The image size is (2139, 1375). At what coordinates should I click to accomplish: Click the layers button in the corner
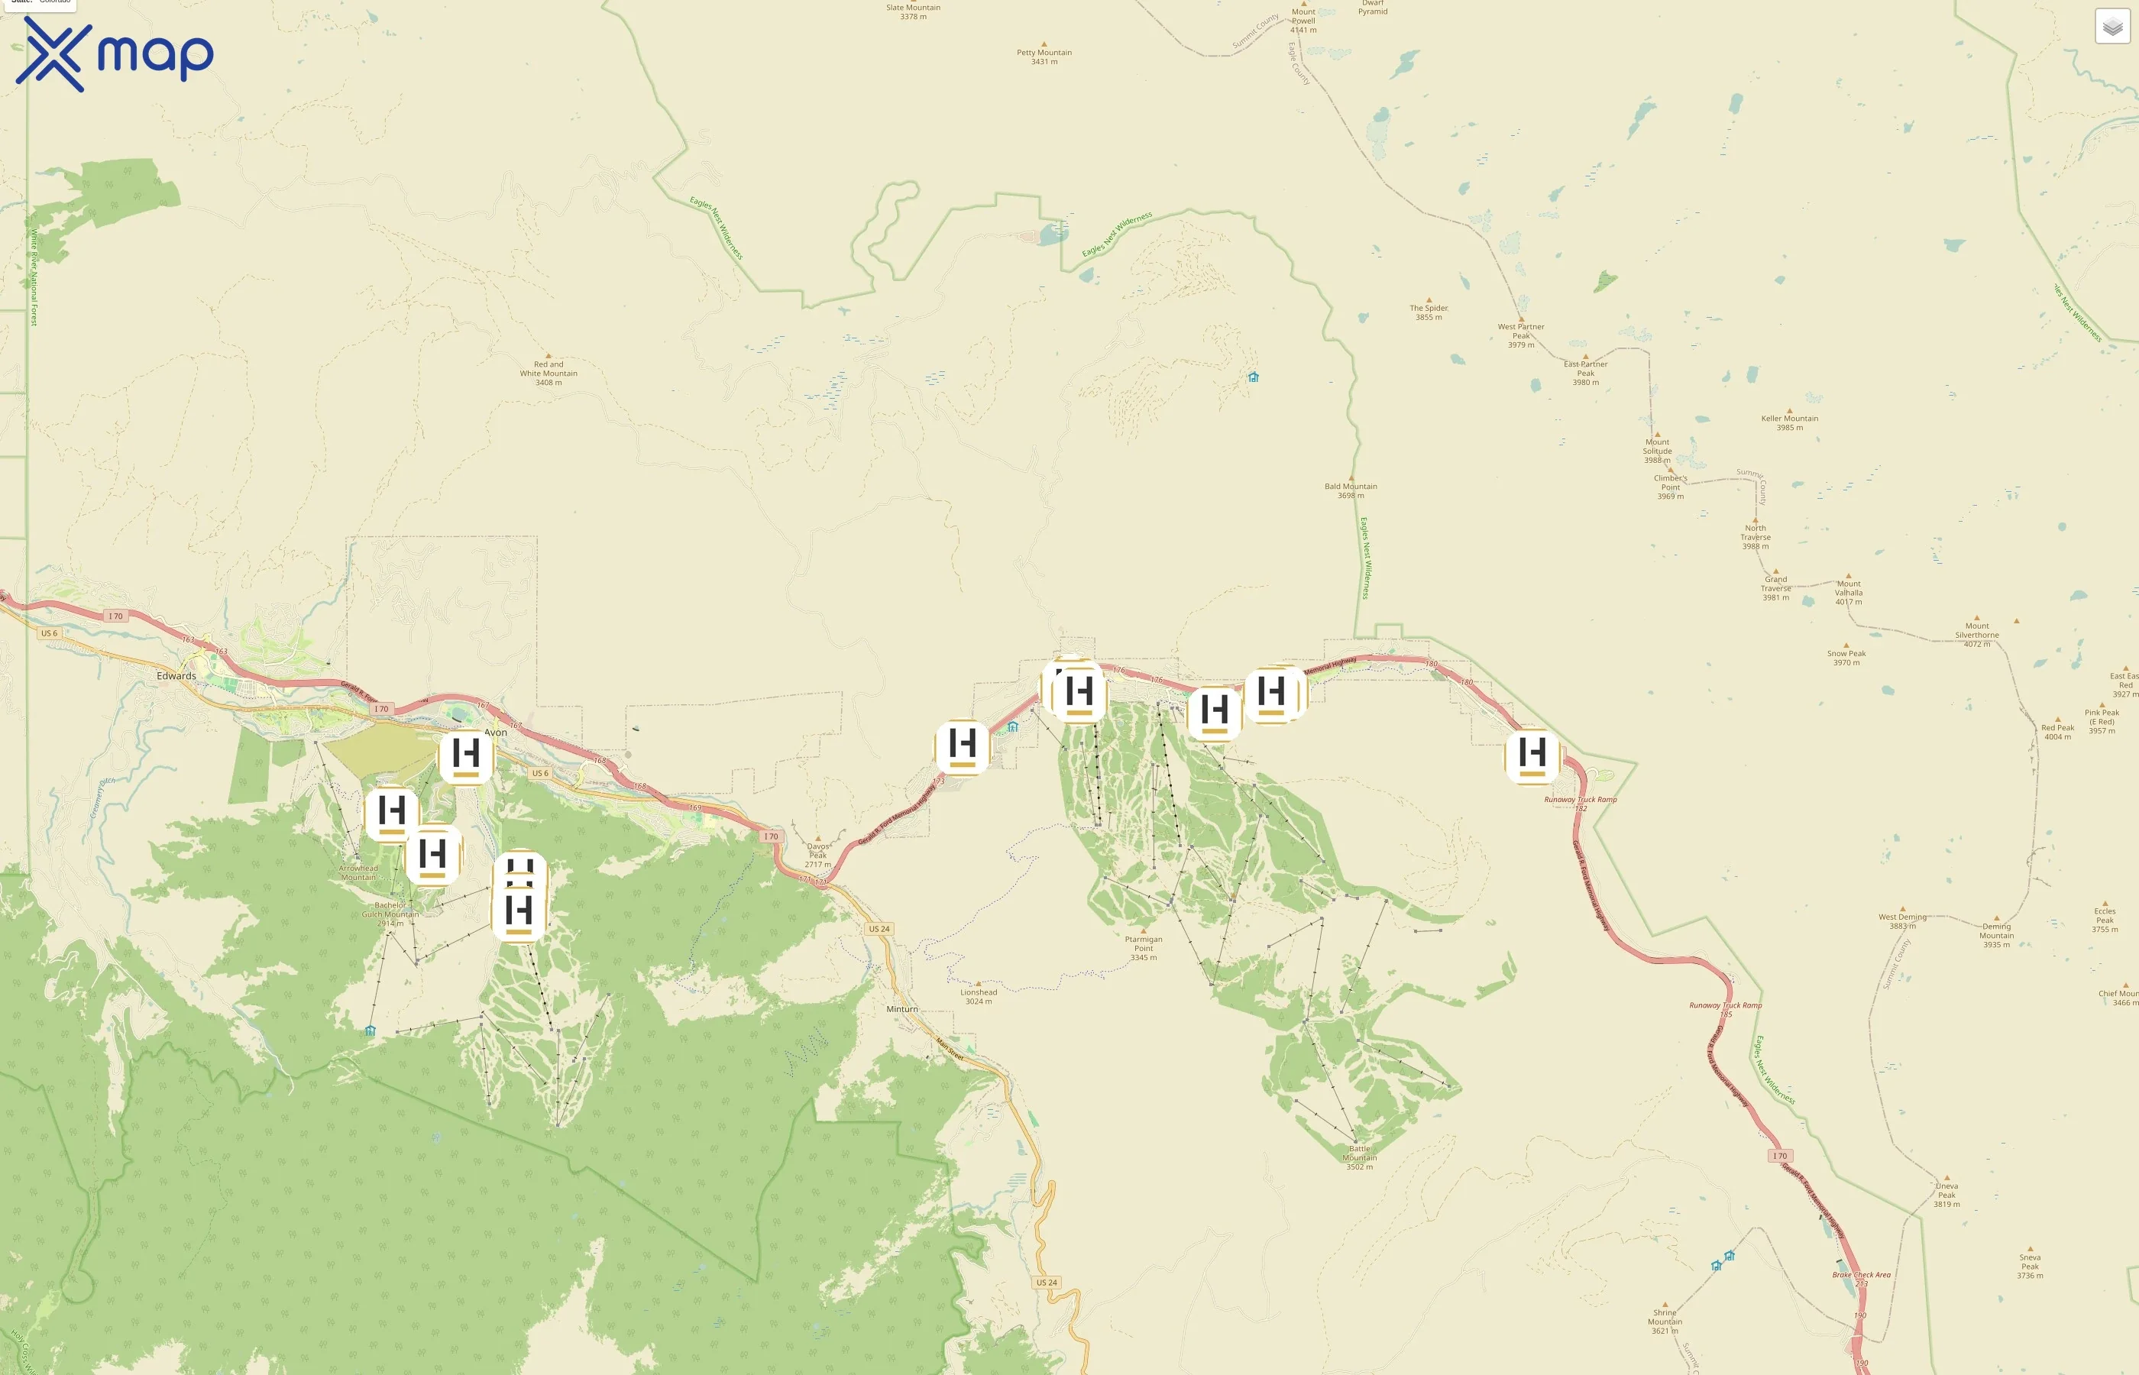(2112, 27)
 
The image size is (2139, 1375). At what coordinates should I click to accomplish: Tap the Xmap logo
(115, 54)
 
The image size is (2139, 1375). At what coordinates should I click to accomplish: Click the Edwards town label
(176, 676)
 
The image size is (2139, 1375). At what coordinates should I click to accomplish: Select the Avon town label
(496, 732)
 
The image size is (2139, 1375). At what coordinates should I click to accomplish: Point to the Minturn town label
(901, 1009)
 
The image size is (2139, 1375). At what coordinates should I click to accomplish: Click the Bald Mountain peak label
(1350, 490)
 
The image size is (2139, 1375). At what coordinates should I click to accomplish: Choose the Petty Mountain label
(1044, 57)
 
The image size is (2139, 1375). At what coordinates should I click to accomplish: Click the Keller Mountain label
(1789, 422)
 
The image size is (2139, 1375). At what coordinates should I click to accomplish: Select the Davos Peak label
(817, 855)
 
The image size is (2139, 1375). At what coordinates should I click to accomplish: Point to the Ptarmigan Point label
(1144, 947)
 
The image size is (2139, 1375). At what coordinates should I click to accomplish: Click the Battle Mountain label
(1359, 1157)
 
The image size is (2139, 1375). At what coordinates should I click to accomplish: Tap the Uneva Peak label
(1946, 1195)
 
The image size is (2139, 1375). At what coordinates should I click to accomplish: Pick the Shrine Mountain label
(1664, 1321)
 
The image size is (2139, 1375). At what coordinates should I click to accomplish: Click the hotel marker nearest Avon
(466, 755)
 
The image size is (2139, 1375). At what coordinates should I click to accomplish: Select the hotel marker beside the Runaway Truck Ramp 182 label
(1532, 755)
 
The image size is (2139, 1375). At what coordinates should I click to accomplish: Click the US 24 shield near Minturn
(879, 929)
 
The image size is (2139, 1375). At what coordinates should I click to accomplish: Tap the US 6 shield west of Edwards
(48, 633)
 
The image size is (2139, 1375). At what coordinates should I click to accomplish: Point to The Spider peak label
(1429, 312)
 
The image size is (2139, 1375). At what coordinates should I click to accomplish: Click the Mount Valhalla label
(1848, 592)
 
